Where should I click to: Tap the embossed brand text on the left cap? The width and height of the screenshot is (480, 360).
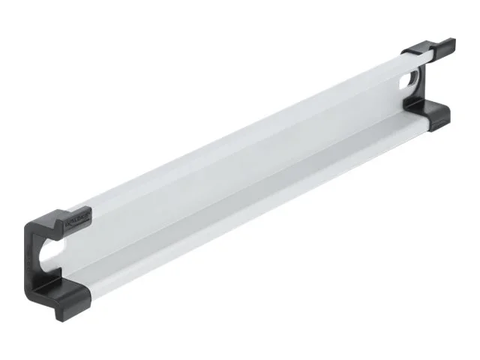tap(77, 218)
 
